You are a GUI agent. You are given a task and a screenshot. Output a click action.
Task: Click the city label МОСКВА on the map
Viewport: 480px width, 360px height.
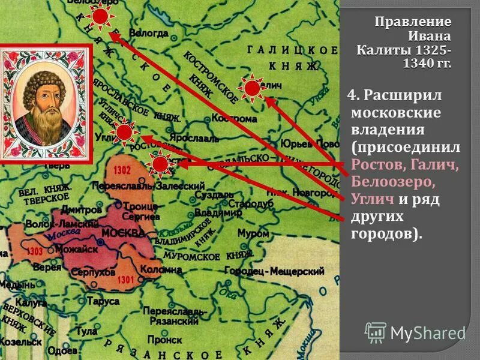point(123,233)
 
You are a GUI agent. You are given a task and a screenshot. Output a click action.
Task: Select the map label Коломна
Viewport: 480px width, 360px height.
point(161,269)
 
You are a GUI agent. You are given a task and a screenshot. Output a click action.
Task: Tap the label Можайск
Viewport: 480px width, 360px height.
point(76,249)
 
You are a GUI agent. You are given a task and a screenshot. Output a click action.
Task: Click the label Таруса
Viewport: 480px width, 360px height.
point(103,301)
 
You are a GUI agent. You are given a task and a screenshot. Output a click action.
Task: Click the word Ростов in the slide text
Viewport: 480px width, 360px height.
point(373,164)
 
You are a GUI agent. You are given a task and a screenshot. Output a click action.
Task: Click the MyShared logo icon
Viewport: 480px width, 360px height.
point(376,332)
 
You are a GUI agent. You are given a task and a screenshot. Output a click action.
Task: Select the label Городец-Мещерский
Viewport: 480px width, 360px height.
point(274,271)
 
